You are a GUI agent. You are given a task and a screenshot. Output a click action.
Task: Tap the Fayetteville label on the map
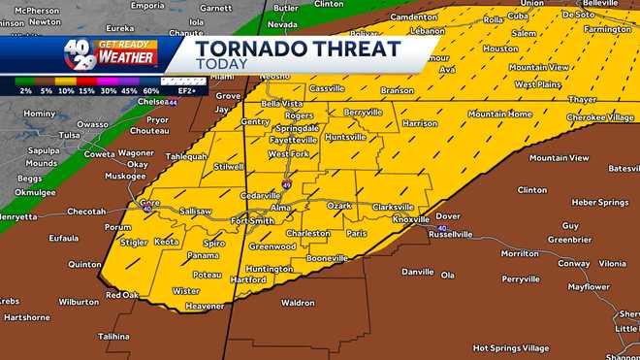[293, 140]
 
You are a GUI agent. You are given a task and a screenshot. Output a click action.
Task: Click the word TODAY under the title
[219, 65]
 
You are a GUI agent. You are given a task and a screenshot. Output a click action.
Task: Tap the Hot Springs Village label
[510, 347]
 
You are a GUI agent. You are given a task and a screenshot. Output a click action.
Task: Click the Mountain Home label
[499, 114]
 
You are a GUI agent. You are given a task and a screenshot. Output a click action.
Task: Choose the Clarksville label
[393, 207]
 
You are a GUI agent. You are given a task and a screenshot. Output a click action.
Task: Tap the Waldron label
[297, 303]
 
